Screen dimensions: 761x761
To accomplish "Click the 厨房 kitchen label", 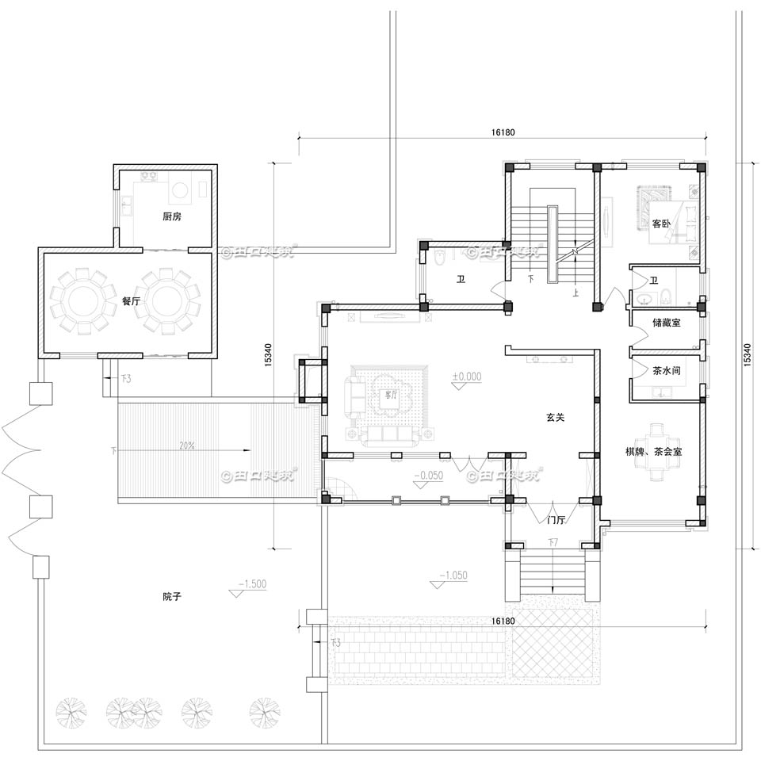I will (172, 216).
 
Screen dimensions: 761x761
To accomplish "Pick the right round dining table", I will (166, 301).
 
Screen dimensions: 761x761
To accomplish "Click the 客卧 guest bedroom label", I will (661, 224).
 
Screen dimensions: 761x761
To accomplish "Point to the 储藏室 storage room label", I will (666, 323).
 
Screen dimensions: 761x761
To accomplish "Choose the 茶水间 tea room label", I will (666, 369).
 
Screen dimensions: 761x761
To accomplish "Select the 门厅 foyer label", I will (556, 521).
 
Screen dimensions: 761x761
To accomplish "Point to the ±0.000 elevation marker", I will (467, 377).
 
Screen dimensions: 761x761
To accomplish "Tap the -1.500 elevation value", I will (254, 583).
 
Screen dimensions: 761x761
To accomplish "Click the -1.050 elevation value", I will (454, 576).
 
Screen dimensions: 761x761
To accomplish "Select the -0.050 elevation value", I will (429, 476).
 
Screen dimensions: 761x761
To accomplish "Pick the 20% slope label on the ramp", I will (187, 446).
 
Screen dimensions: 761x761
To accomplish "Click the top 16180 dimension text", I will (503, 132).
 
